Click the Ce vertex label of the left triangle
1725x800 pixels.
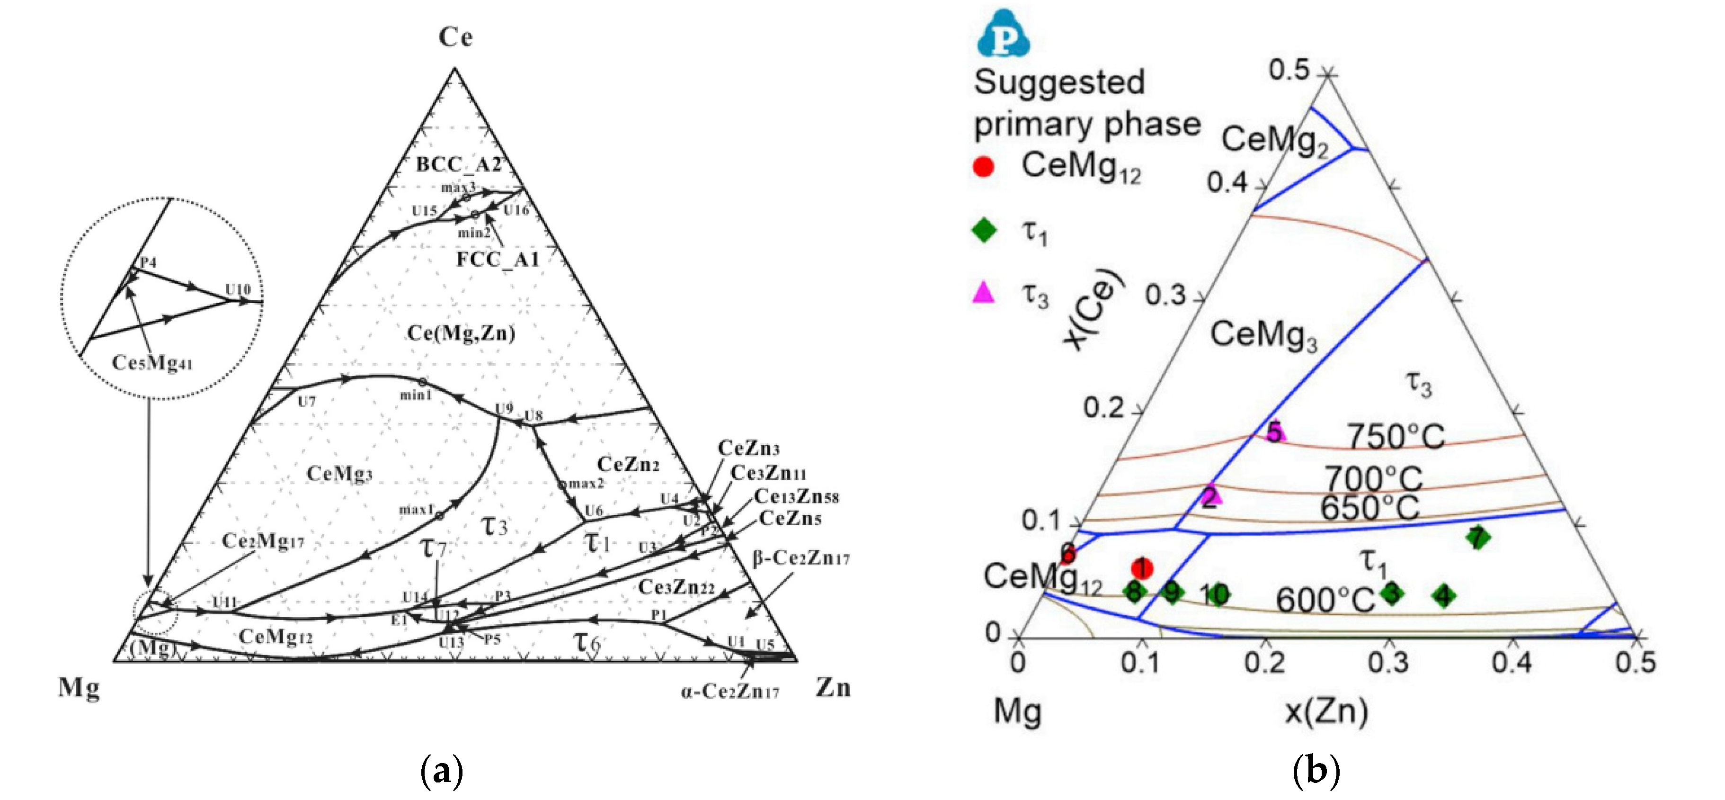455,37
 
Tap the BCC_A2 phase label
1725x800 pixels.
459,164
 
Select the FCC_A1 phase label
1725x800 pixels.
498,259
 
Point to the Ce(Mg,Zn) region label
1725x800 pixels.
462,333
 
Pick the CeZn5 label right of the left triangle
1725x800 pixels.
790,519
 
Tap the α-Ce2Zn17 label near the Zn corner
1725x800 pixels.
730,692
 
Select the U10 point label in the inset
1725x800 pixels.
238,289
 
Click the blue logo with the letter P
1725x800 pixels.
1003,35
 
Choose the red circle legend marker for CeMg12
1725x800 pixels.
983,166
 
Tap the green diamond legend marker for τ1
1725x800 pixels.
983,231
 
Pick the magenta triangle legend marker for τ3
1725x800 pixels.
983,292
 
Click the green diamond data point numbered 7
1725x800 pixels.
1477,537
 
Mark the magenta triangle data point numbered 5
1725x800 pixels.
1274,432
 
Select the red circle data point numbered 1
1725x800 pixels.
1142,568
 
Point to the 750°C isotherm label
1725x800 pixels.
1396,437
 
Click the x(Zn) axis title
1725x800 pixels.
1326,711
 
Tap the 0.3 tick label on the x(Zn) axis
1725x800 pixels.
1389,663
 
